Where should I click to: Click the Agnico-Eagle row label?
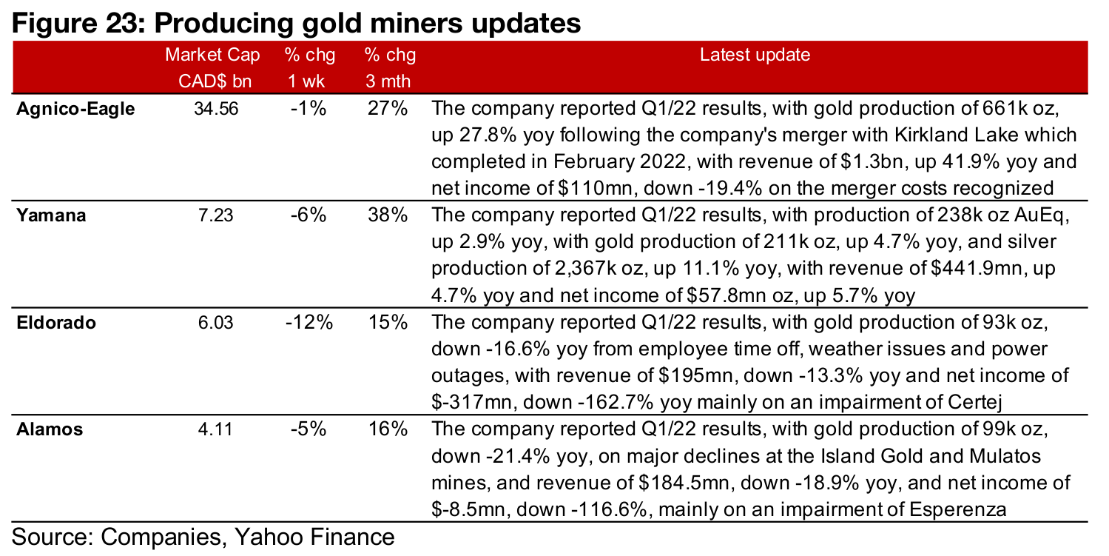(x=76, y=110)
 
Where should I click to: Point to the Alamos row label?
(x=50, y=429)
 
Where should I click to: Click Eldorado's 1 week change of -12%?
(x=308, y=323)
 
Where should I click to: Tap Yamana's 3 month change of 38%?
(x=388, y=215)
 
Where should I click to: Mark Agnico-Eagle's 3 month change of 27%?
(x=388, y=110)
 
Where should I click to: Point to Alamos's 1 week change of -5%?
(x=308, y=429)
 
